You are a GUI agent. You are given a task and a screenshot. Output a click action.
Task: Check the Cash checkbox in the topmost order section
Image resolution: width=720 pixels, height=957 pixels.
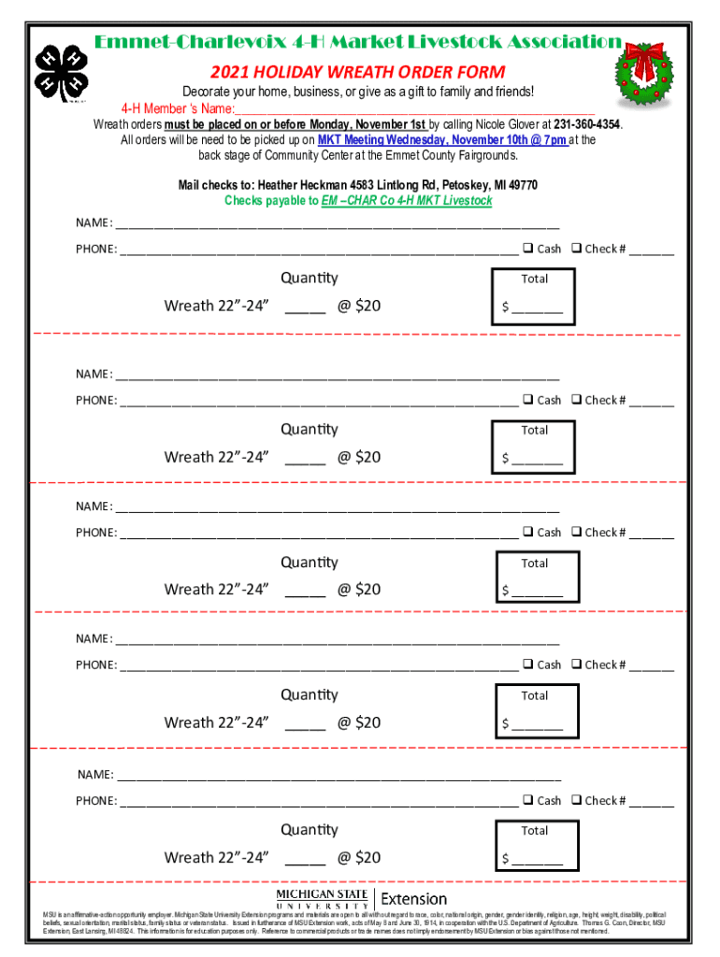click(x=528, y=248)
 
